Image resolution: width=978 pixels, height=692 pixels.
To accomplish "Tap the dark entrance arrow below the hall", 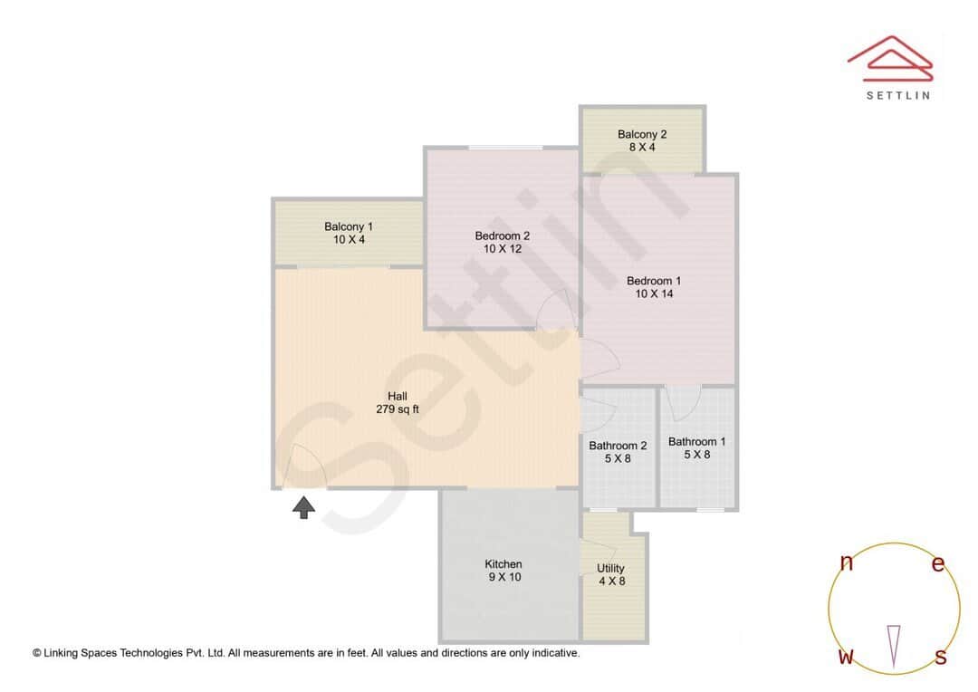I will (303, 507).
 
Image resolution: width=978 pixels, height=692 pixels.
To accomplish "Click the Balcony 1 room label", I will (349, 226).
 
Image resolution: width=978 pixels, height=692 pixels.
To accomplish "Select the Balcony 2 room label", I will (642, 134).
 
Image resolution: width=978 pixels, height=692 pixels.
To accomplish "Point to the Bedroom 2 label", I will (503, 235).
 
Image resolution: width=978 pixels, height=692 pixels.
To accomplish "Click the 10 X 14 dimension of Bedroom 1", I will (654, 293).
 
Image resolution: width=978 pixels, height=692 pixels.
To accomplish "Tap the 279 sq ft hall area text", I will (398, 408).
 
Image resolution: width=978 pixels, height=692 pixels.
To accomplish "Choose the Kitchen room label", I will (503, 564).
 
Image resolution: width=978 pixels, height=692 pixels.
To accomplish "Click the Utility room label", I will (610, 569).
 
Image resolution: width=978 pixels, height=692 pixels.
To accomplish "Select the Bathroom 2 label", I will (618, 446).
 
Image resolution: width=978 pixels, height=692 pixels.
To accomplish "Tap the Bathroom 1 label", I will (696, 442).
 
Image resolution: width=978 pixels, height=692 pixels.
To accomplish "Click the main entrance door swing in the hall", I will (305, 468).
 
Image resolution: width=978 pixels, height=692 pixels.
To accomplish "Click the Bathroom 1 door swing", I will (684, 401).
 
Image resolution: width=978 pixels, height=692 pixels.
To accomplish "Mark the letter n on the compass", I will (847, 563).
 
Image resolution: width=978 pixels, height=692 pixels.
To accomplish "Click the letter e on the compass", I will (938, 564).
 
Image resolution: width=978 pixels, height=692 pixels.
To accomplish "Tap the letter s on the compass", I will (941, 657).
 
